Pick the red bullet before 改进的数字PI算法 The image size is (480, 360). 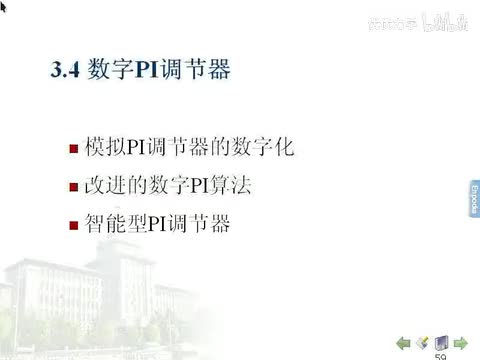(x=73, y=189)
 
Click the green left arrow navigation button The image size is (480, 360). (x=404, y=342)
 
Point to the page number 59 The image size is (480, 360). (x=440, y=355)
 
